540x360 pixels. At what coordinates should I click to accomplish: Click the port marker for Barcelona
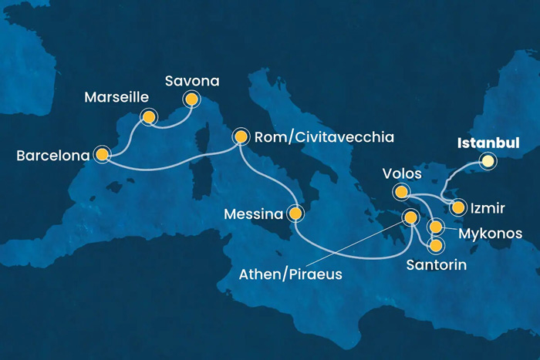coord(101,154)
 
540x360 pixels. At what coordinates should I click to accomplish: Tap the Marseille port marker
coord(148,117)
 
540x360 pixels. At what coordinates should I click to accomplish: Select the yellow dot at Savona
coord(190,99)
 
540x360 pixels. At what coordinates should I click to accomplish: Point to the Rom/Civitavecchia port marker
coord(241,137)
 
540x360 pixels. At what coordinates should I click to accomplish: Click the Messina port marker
coord(295,212)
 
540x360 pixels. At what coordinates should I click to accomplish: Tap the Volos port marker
coord(401,191)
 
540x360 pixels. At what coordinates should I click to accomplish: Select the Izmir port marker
coord(458,207)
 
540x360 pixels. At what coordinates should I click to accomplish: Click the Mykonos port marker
coord(436,227)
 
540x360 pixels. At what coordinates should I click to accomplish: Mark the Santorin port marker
coord(436,246)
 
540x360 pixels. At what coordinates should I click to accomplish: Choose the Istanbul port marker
coord(487,161)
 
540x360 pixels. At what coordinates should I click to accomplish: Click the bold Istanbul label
coord(488,143)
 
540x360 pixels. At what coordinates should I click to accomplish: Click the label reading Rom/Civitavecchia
coord(324,138)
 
